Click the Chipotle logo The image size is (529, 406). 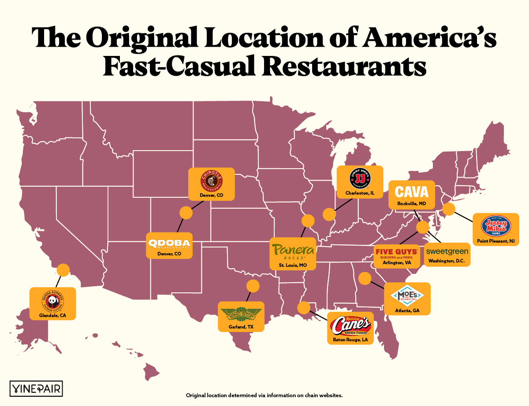coord(211,181)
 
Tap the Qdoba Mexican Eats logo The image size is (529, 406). coord(169,244)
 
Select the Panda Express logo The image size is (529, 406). coord(52,301)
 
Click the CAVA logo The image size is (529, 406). coord(411,192)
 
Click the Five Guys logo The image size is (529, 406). coord(395,252)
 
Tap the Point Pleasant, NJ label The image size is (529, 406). coord(495,241)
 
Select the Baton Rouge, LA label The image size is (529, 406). coord(350,340)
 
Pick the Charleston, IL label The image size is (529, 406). coord(360,193)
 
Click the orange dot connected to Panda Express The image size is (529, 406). coord(63,270)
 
